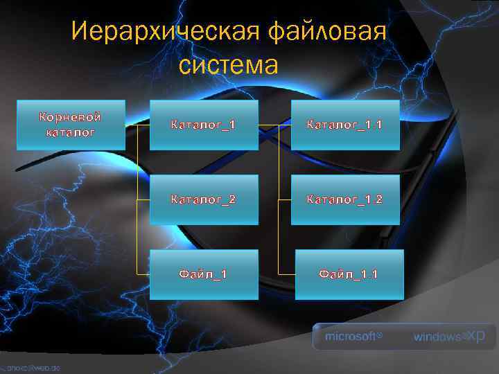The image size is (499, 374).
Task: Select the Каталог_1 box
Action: [x=203, y=125]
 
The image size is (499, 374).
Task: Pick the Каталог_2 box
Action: [x=203, y=199]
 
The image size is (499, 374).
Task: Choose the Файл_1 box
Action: [x=203, y=274]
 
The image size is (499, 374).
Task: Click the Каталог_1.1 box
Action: [x=345, y=125]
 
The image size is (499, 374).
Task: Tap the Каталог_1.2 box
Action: [x=345, y=199]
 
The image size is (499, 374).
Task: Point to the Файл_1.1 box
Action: [x=349, y=274]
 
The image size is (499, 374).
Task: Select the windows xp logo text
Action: [x=449, y=337]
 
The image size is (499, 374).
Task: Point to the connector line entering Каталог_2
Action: [x=143, y=200]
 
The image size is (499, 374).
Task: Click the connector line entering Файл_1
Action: [x=143, y=274]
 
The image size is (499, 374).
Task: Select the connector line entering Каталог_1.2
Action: [x=284, y=200]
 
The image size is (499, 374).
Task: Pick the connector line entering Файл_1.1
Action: [x=286, y=274]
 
